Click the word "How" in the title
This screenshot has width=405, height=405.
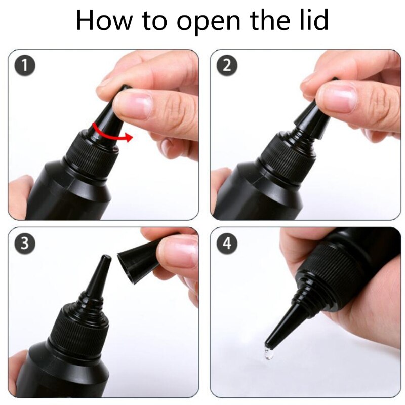coord(104,20)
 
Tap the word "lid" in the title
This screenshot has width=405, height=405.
coord(312,20)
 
